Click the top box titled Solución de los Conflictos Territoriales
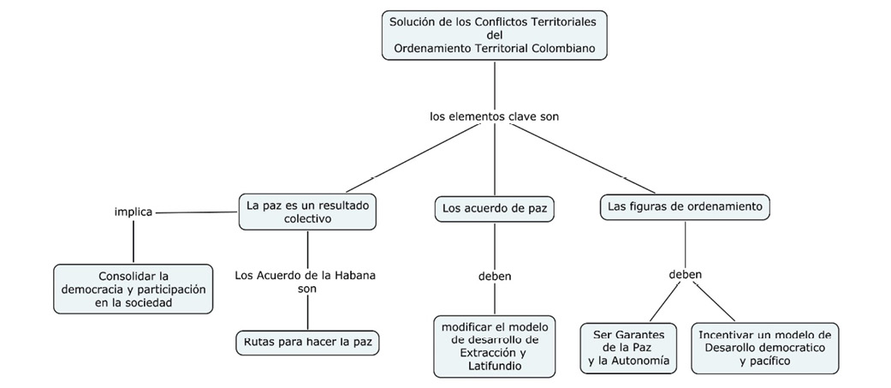[494, 34]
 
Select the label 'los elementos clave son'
[494, 116]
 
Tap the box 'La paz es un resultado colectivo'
[306, 212]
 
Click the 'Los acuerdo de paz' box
[494, 207]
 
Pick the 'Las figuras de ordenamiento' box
[685, 206]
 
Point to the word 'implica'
[134, 212]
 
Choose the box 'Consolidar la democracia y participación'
[133, 289]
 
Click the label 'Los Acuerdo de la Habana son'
[306, 282]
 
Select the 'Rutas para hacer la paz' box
[306, 343]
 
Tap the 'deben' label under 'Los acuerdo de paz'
[495, 276]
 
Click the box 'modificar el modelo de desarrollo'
[494, 346]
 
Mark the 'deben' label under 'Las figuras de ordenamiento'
[685, 275]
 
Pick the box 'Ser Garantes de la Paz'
[628, 348]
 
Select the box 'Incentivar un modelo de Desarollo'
[764, 348]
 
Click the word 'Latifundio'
[495, 367]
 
